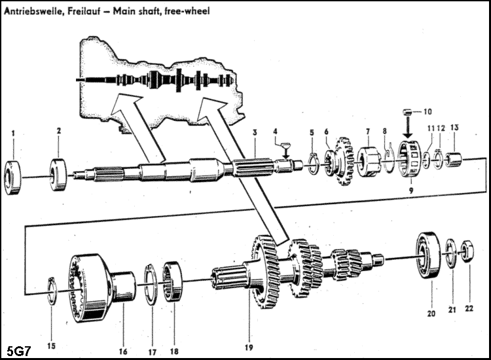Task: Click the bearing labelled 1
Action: tap(14, 174)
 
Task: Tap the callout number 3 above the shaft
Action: tap(253, 134)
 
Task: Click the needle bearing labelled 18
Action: tap(173, 281)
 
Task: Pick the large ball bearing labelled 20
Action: tap(429, 261)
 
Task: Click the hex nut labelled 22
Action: tap(468, 251)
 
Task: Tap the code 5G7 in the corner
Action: tap(18, 349)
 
